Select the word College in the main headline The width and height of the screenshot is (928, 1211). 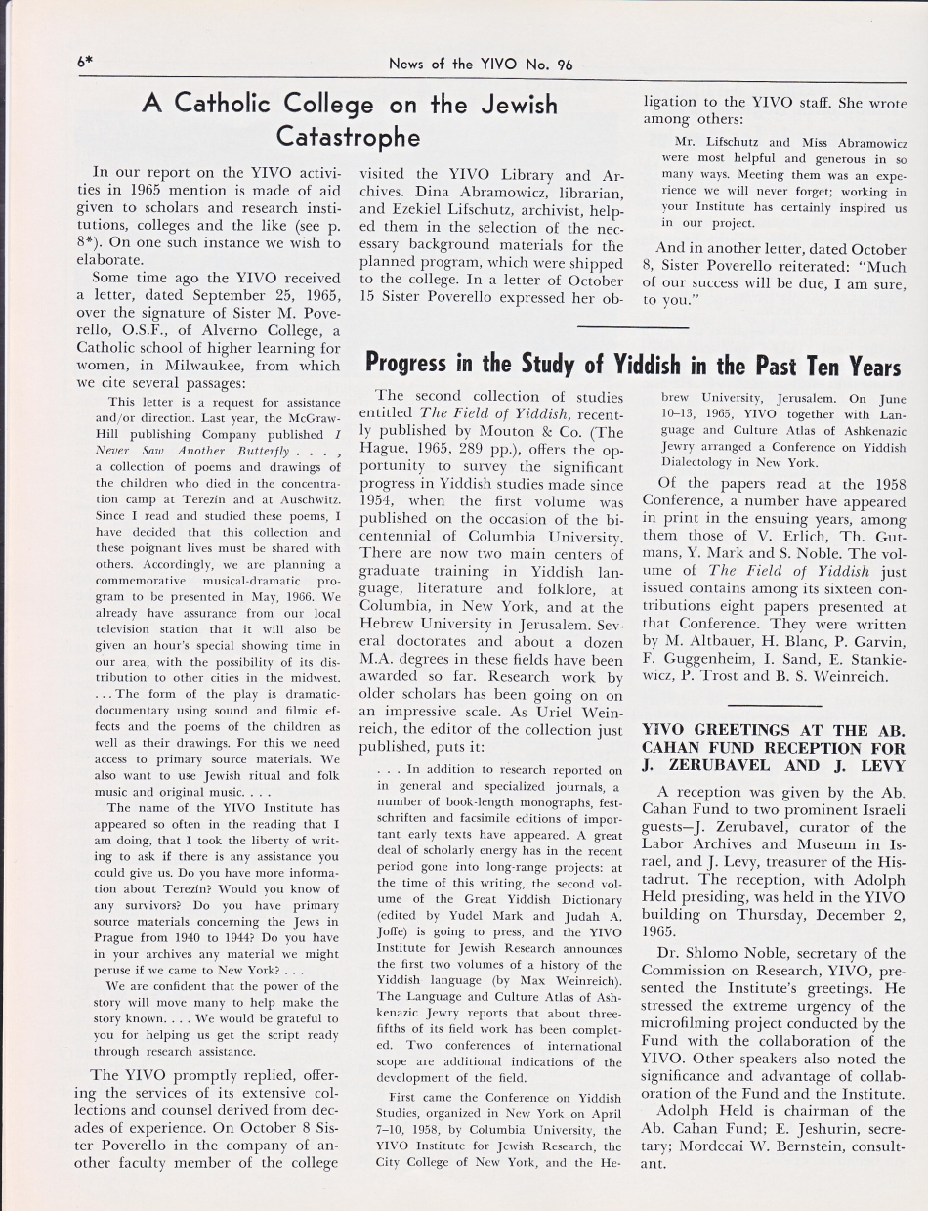click(x=317, y=103)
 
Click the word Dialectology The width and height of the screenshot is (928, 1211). click(x=701, y=463)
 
